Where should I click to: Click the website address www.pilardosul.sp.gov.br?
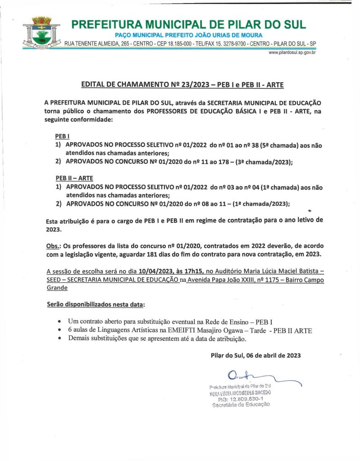(292, 53)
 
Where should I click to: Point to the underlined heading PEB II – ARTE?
(74, 178)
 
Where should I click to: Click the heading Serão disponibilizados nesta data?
(96, 305)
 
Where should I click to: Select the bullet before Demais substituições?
(60, 339)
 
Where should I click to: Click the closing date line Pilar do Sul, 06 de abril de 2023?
(255, 355)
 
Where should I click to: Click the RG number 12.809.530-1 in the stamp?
(241, 398)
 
